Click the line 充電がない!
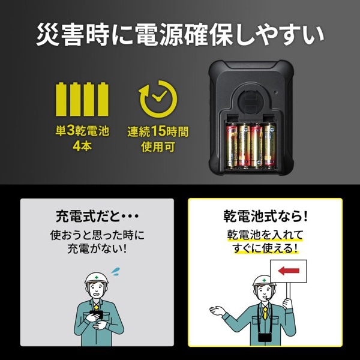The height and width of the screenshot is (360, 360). pyautogui.click(x=97, y=248)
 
